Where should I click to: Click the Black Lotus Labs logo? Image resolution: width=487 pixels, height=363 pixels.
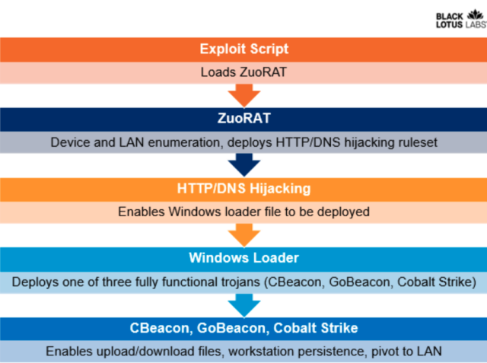click(x=459, y=18)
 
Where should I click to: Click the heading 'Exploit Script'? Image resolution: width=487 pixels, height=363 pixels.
click(x=243, y=49)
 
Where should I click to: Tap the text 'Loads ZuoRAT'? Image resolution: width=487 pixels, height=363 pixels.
click(x=243, y=72)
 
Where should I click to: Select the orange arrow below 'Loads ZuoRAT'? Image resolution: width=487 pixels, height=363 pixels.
click(x=243, y=95)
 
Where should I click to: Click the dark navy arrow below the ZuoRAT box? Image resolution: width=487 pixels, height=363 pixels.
click(x=243, y=164)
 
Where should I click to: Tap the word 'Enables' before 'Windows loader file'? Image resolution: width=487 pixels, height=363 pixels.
click(x=140, y=212)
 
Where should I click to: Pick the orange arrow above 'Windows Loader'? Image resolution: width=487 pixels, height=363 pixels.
click(x=243, y=234)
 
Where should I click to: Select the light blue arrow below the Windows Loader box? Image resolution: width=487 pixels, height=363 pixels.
click(x=243, y=304)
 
